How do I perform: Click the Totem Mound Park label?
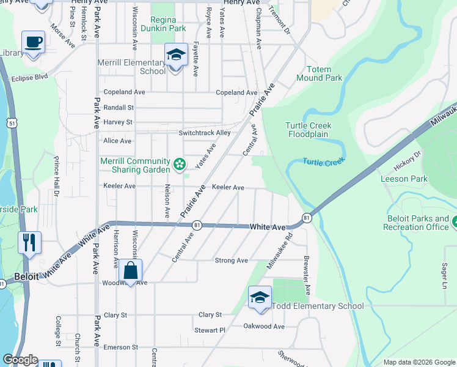pyautogui.click(x=319, y=73)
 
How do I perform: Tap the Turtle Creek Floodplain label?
pyautogui.click(x=309, y=130)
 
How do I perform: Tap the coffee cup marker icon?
pyautogui.click(x=34, y=43)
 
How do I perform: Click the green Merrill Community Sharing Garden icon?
pyautogui.click(x=180, y=163)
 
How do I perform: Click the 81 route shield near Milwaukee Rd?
pyautogui.click(x=306, y=217)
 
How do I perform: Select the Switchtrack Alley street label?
pyautogui.click(x=205, y=133)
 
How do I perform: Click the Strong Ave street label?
pyautogui.click(x=232, y=261)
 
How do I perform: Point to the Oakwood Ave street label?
pyautogui.click(x=264, y=327)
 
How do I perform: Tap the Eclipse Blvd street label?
pyautogui.click(x=29, y=77)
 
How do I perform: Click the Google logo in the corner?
pyautogui.click(x=20, y=360)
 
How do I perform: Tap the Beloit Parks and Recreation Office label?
pyautogui.click(x=418, y=223)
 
